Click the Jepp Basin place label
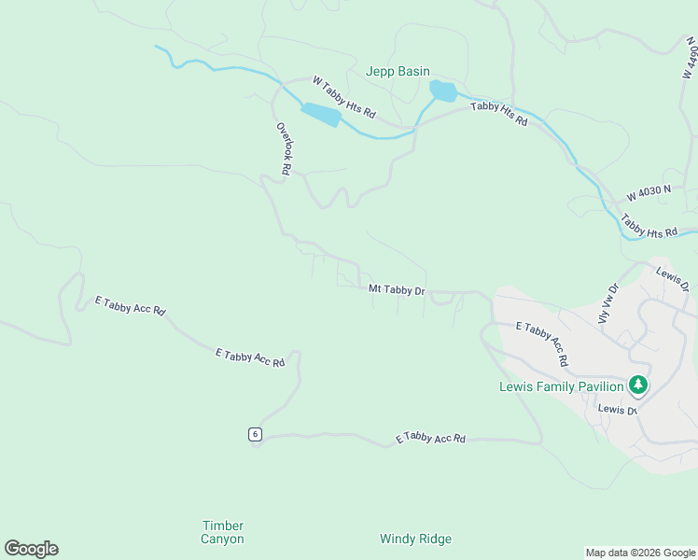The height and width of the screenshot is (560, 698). (398, 72)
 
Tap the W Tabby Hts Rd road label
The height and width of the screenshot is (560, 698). (343, 98)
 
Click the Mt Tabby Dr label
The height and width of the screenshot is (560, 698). (397, 290)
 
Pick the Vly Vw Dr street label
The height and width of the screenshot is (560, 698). (607, 303)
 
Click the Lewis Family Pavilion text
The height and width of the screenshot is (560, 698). (561, 386)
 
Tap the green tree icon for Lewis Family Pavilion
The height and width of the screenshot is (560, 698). (638, 385)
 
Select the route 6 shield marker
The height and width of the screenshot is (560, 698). (255, 434)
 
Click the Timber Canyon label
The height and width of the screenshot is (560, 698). (223, 532)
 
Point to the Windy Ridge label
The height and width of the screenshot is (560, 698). (415, 539)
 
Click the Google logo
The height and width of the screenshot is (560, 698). (31, 549)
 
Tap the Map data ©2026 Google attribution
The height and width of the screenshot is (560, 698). (639, 553)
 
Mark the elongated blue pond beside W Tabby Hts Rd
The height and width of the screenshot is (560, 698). (319, 115)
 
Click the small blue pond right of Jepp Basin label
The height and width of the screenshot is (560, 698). (442, 91)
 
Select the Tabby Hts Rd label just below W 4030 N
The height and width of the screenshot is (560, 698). (648, 228)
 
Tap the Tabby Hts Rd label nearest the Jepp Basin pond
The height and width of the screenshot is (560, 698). (499, 114)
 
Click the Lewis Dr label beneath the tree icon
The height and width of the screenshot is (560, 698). (617, 410)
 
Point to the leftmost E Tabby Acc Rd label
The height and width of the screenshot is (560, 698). (130, 306)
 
